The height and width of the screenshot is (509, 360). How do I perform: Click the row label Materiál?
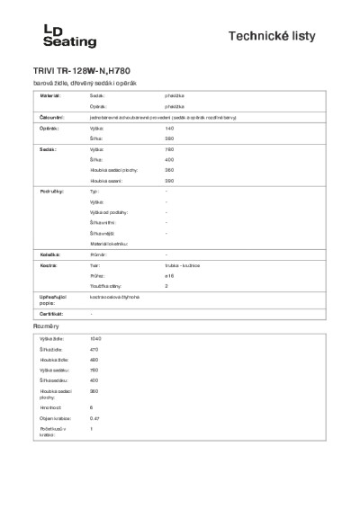[49, 94]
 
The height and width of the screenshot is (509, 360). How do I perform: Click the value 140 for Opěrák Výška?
[169, 129]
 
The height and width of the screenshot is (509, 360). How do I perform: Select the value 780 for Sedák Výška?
[169, 148]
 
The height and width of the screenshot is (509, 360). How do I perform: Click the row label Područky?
[50, 192]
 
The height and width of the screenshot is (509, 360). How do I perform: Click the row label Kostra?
[48, 266]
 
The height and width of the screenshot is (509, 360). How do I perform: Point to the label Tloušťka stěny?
[109, 286]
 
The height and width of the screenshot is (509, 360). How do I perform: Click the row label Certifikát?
[50, 313]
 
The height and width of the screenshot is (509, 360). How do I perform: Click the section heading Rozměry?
[47, 326]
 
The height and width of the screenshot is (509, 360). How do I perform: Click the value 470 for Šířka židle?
[94, 349]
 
